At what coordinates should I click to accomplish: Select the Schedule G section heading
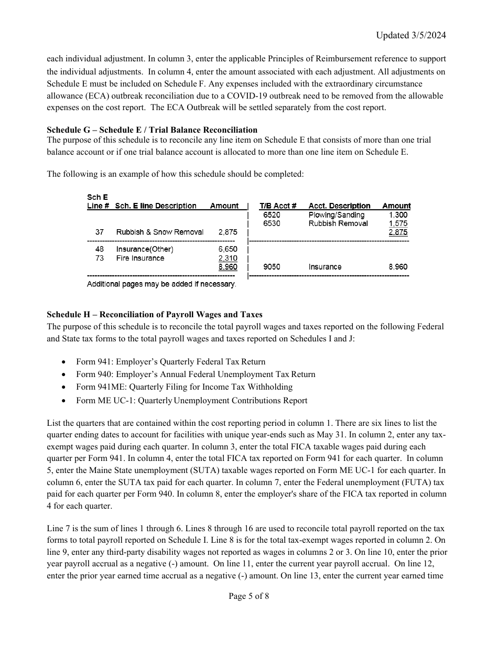click(x=152, y=130)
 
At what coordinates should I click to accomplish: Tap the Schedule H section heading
click(x=155, y=315)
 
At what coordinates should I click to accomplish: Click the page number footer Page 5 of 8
click(x=249, y=596)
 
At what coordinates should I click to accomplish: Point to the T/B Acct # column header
click(x=278, y=206)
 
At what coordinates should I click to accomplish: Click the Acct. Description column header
click(x=339, y=206)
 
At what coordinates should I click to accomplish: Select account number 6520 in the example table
click(x=272, y=215)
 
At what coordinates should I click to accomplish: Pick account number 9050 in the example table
click(x=272, y=267)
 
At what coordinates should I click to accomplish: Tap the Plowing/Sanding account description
click(x=336, y=215)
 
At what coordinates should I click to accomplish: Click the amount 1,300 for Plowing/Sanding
click(x=398, y=215)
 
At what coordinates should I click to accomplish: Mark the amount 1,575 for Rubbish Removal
click(x=398, y=223)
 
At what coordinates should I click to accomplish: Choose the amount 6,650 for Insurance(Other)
click(x=228, y=250)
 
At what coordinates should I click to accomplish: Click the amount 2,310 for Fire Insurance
click(x=228, y=258)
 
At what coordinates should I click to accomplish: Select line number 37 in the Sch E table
click(x=100, y=232)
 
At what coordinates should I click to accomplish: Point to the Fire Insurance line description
click(x=140, y=258)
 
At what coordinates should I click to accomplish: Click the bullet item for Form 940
click(x=196, y=374)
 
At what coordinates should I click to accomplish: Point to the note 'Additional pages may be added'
click(x=161, y=284)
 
